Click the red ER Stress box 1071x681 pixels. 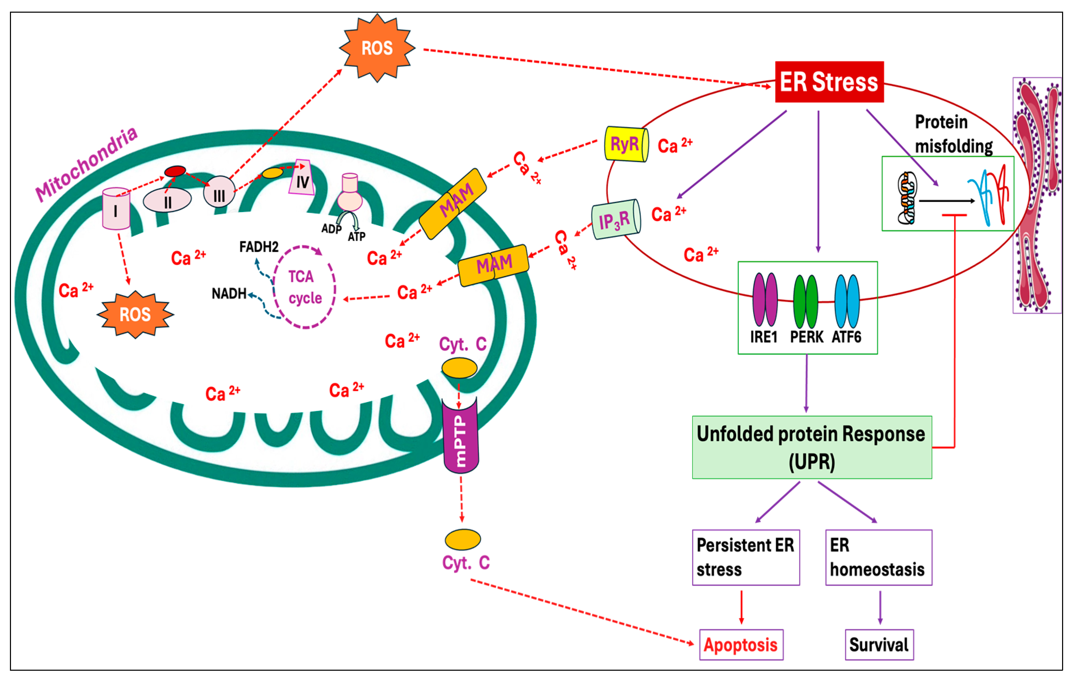(x=829, y=82)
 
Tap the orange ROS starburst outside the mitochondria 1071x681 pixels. (x=377, y=48)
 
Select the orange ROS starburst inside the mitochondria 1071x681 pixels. (x=135, y=314)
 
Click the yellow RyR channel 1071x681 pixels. (x=626, y=144)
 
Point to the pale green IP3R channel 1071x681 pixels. (x=616, y=219)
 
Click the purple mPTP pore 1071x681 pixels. (x=460, y=436)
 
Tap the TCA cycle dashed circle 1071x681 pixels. (x=304, y=287)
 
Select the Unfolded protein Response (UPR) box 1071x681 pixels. (x=812, y=447)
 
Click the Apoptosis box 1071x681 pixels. (x=741, y=645)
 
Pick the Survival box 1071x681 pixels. (x=879, y=645)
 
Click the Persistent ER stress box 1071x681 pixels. (x=745, y=557)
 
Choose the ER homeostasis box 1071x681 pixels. (x=878, y=557)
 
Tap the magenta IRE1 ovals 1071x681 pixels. (x=765, y=300)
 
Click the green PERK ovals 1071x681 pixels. (x=805, y=301)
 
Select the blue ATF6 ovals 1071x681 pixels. (x=847, y=301)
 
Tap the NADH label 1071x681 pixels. (x=229, y=293)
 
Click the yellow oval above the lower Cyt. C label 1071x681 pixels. (x=462, y=539)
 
